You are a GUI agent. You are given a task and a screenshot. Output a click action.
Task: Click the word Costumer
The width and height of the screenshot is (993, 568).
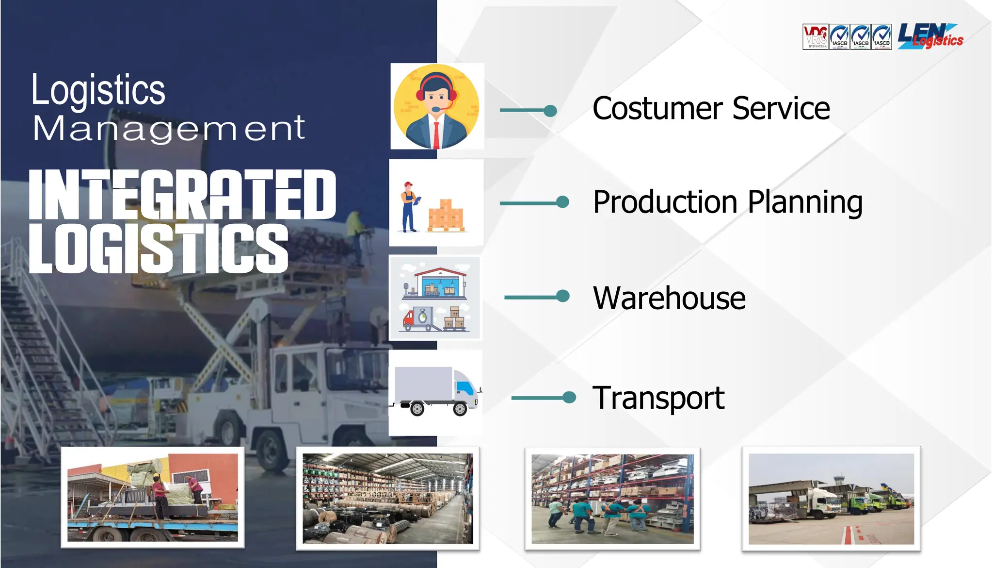coord(657,108)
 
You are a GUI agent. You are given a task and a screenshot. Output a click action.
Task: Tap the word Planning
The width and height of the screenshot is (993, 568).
coord(805,202)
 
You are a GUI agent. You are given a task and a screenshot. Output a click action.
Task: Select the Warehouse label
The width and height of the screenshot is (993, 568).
coord(669,298)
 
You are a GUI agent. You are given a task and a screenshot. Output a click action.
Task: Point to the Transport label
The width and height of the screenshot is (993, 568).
coord(658,398)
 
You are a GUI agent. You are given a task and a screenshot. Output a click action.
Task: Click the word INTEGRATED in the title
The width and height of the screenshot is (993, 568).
coord(182,194)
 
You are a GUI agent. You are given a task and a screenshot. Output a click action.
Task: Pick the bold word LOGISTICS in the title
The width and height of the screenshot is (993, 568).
coord(159,248)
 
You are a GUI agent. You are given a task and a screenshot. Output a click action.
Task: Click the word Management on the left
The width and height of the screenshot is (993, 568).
coord(169,129)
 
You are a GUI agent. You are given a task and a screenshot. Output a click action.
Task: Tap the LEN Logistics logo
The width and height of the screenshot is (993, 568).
coord(930,36)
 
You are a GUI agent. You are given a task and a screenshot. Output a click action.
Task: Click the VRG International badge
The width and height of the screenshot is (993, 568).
coord(815,37)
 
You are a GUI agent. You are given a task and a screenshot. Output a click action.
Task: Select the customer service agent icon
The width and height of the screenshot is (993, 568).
coord(436,107)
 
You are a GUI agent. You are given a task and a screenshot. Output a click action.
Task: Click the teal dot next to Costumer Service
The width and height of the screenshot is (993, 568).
coord(550,111)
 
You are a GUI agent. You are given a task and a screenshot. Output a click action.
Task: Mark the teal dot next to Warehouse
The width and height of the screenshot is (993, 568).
coord(563,296)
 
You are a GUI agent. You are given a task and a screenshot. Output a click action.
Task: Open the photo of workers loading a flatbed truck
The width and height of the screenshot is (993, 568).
coord(152,497)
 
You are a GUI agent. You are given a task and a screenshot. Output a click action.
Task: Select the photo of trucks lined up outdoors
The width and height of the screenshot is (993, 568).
coord(831,499)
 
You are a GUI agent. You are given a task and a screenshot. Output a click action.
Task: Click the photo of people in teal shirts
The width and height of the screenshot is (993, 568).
coord(612,499)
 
